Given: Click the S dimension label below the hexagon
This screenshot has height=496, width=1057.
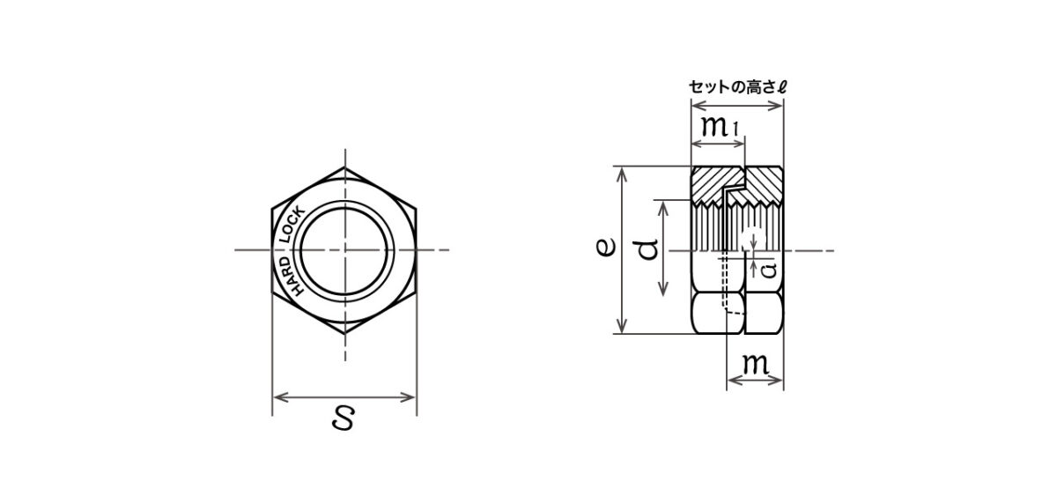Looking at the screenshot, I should pyautogui.click(x=344, y=420).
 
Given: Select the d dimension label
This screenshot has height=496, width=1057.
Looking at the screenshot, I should pyautogui.click(x=647, y=248).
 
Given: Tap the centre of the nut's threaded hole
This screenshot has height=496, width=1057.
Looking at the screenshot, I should pyautogui.click(x=345, y=250).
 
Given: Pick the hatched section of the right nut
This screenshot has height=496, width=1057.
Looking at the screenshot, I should pyautogui.click(x=764, y=185).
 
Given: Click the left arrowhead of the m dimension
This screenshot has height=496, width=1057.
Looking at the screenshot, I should pyautogui.click(x=730, y=381).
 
